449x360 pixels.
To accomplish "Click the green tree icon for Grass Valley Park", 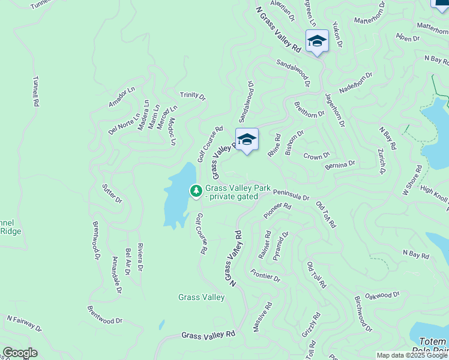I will click(196, 191).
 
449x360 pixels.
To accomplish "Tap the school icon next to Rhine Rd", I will click(247, 140).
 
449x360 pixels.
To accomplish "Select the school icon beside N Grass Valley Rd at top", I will click(317, 41).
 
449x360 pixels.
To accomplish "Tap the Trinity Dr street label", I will click(193, 96).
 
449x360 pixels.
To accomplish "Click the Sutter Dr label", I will click(112, 193).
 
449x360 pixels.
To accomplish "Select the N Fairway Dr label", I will click(25, 324).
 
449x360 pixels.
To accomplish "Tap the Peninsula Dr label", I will click(291, 196).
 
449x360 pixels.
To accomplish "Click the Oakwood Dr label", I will click(382, 295).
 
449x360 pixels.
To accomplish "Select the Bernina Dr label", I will click(340, 163).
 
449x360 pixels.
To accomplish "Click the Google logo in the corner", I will click(19, 353).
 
